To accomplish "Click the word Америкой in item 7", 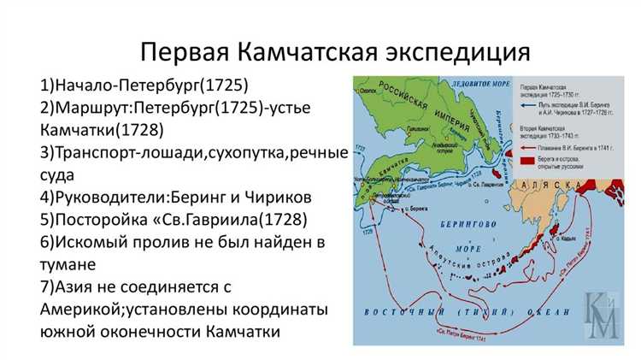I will [88, 309].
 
